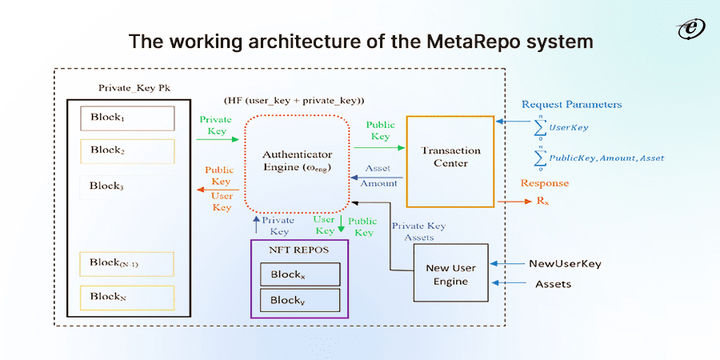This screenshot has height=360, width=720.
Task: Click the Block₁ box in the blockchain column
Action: tap(127, 118)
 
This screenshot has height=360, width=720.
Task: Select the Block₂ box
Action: tap(127, 150)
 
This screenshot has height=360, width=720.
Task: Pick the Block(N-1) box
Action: tap(127, 263)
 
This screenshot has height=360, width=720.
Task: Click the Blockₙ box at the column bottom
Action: tap(127, 297)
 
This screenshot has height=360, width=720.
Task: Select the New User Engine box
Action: tap(451, 274)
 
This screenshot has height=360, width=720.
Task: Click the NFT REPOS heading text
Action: tap(298, 250)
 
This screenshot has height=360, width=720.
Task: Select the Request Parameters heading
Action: tap(571, 105)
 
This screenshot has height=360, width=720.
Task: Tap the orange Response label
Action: tap(545, 183)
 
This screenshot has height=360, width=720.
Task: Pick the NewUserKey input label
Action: tap(564, 263)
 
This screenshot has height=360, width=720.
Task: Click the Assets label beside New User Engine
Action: tap(553, 283)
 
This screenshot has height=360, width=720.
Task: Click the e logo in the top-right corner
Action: tap(686, 30)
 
